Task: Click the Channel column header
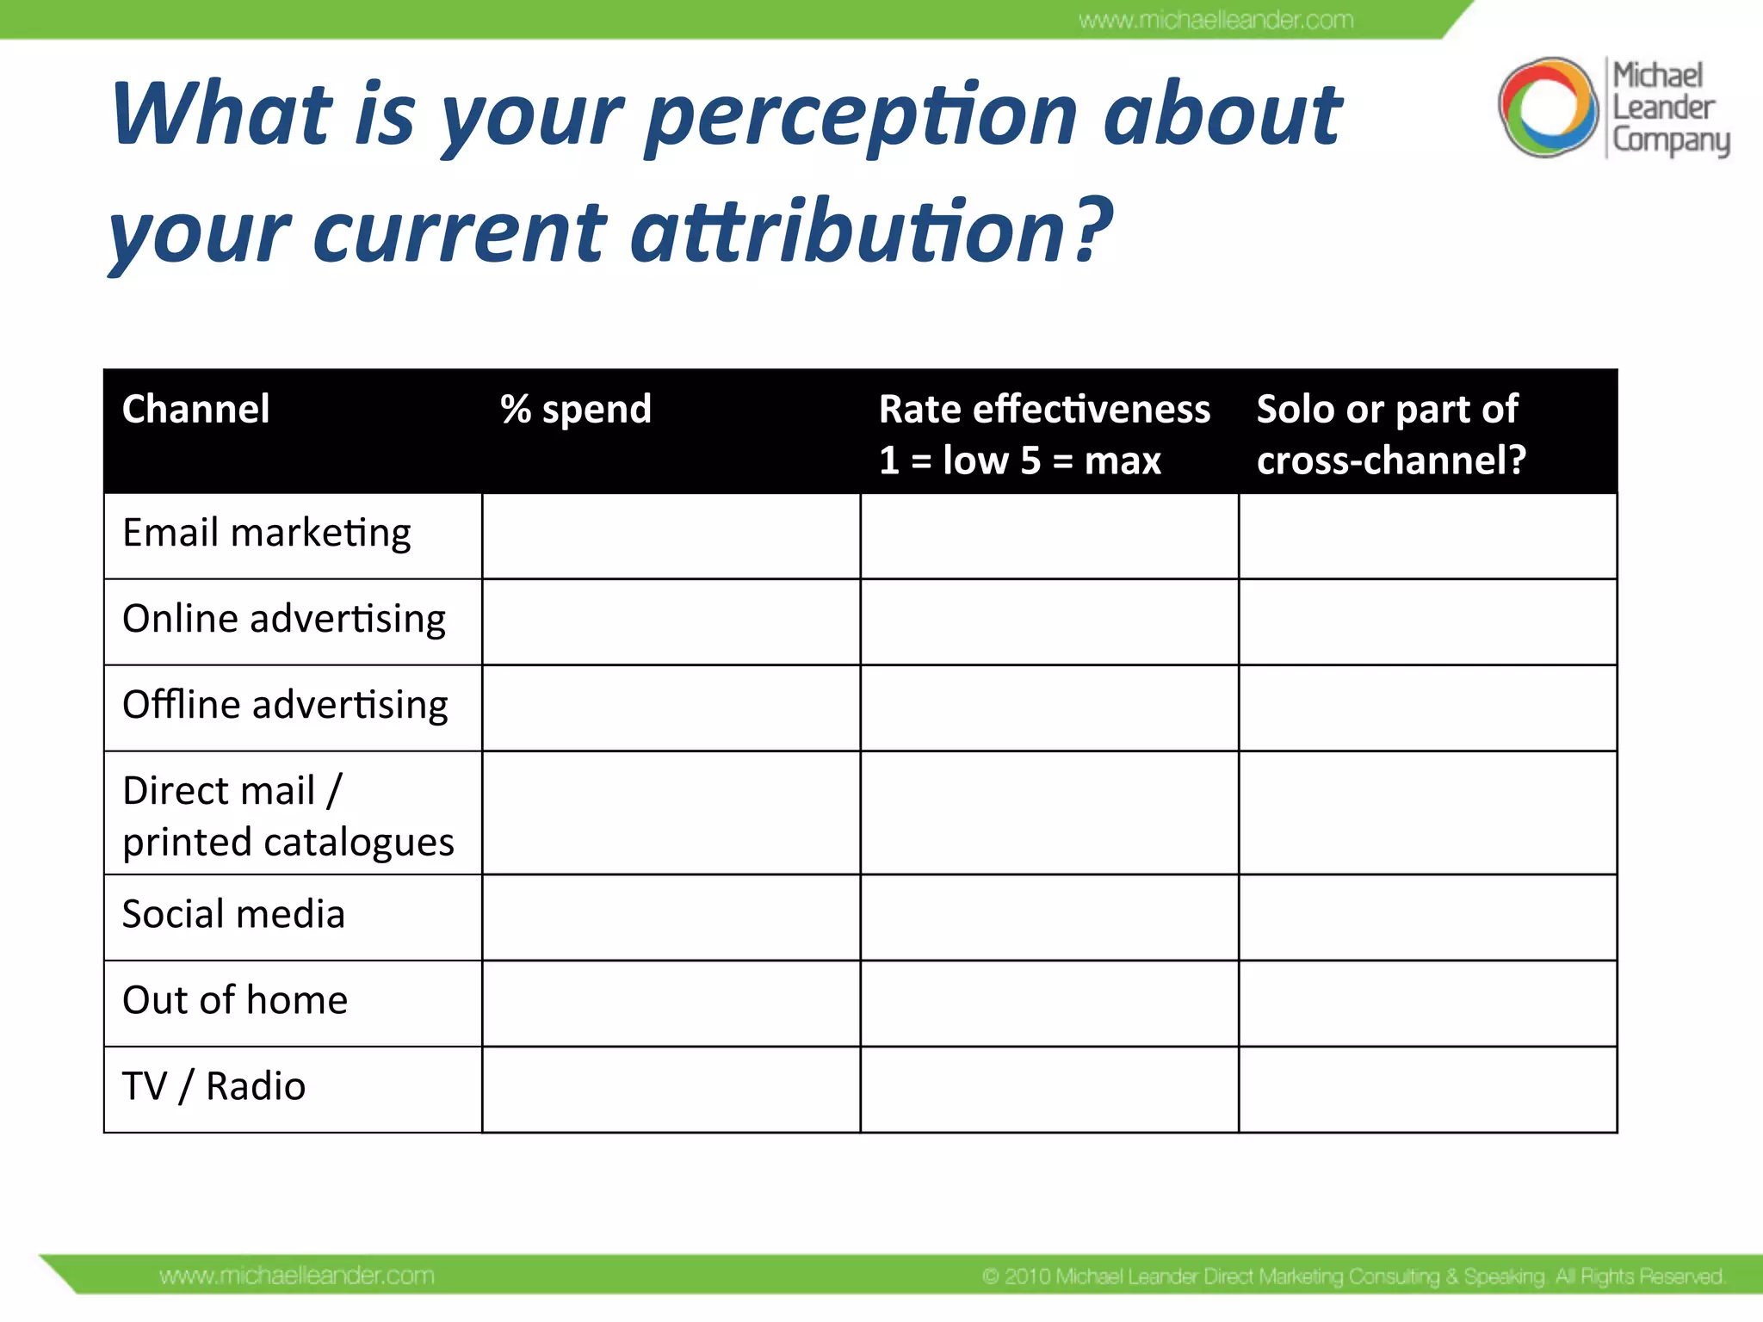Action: click(196, 409)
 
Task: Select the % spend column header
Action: click(576, 409)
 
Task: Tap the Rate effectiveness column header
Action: click(1043, 434)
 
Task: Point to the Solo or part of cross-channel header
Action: click(1390, 434)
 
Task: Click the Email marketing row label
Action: click(267, 534)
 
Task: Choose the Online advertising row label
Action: click(284, 620)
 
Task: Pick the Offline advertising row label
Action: click(285, 706)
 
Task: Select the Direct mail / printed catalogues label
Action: click(288, 815)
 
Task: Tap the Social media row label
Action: click(233, 915)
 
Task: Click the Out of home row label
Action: click(235, 1001)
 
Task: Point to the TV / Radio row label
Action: click(213, 1087)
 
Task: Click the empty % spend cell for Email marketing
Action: click(671, 535)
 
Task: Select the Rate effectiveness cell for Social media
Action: click(1049, 917)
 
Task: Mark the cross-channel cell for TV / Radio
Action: click(1427, 1090)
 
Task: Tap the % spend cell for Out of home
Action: click(671, 1004)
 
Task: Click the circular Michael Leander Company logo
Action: click(1548, 108)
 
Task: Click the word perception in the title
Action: click(861, 116)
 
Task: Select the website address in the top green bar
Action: click(1216, 20)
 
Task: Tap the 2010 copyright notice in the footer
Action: click(1353, 1276)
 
